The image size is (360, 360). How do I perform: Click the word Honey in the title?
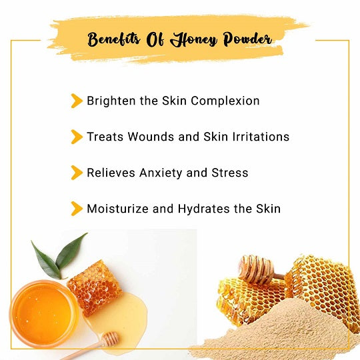coord(193,40)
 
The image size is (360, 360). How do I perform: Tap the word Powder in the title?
coord(247,39)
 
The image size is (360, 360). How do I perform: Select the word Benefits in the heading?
coord(113,39)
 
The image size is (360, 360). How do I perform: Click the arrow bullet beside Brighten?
coord(77,101)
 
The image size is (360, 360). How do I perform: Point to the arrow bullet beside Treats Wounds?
coord(77,137)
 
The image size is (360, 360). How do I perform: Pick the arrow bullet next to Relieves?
coord(77,173)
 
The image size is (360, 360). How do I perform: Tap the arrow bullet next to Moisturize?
coord(77,209)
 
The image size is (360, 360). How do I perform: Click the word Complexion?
coord(225,101)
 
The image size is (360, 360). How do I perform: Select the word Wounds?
coord(151,137)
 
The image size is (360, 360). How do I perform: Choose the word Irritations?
coord(261,137)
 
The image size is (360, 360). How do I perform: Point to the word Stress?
coord(230,173)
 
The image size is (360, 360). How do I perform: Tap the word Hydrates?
coord(203,209)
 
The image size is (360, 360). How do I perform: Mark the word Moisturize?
coord(117,209)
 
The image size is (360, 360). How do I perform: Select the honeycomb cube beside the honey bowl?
coord(95,288)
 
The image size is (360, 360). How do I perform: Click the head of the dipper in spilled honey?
coord(111,338)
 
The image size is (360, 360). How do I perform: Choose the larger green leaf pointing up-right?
coord(71,251)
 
